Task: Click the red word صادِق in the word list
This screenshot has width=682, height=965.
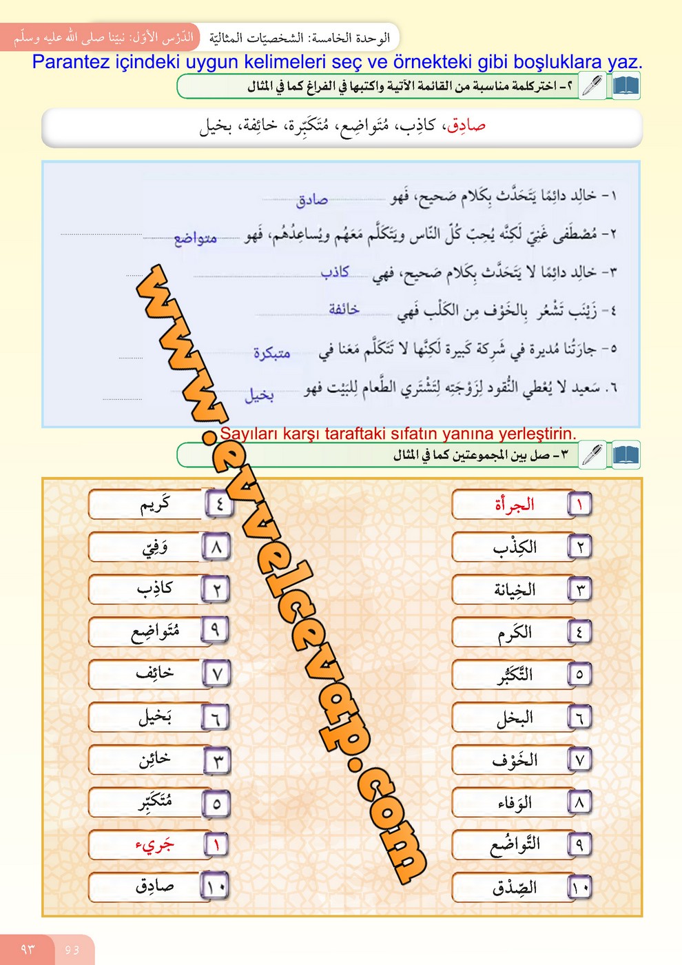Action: pos(467,125)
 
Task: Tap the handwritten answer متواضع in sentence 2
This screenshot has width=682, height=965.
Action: pos(196,238)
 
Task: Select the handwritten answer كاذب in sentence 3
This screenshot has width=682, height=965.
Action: pos(335,272)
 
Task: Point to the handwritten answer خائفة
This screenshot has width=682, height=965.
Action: pos(344,309)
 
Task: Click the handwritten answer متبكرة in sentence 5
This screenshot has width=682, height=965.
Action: pos(272,353)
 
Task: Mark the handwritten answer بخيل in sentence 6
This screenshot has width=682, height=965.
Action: pos(260,395)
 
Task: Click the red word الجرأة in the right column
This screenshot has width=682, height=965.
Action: pos(515,505)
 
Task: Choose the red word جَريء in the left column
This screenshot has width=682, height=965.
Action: pos(154,844)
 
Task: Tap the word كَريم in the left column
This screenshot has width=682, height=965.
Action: pos(155,505)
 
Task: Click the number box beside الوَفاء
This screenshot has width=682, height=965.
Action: pos(579,802)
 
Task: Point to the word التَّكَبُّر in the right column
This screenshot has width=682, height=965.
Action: pos(515,675)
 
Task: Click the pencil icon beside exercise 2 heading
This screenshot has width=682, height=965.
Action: pos(592,86)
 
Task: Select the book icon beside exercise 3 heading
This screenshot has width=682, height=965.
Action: pos(626,455)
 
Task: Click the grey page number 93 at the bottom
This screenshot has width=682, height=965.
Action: pos(72,950)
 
